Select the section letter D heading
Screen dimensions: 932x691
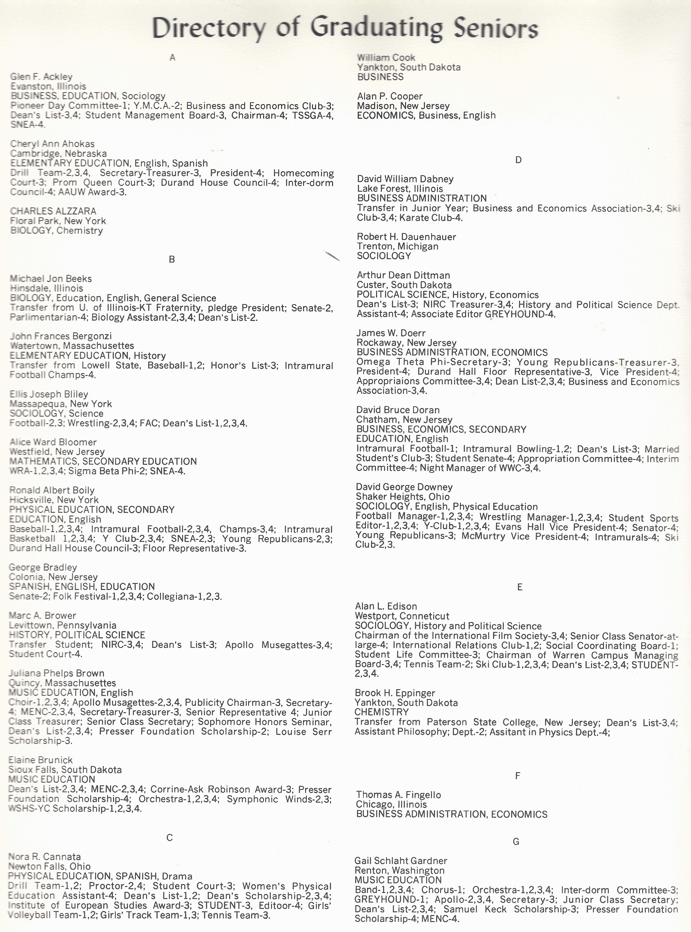[x=518, y=160]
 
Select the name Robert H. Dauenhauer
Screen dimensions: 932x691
[x=406, y=237]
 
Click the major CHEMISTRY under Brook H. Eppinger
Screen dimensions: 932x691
[x=382, y=712]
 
